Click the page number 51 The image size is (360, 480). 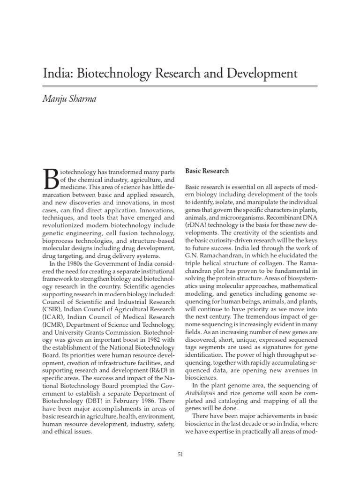(180, 454)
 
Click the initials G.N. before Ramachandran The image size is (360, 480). (193, 255)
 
